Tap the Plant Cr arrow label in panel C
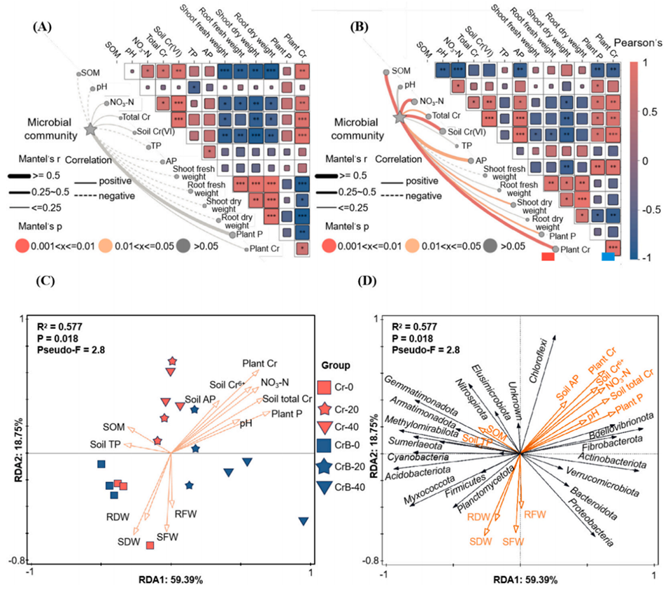tap(261, 364)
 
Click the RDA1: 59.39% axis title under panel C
tap(171, 579)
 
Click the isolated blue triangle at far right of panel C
tap(304, 521)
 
